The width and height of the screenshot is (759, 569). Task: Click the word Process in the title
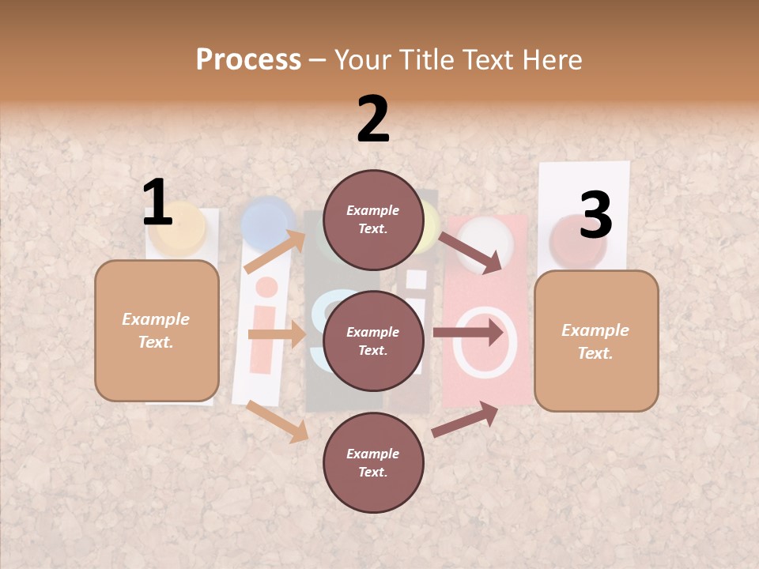(x=248, y=60)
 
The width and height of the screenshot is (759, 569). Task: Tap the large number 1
(x=157, y=202)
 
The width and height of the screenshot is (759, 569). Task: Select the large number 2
(x=373, y=119)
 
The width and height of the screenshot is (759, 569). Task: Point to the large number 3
(x=595, y=215)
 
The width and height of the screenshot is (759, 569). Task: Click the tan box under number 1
(x=157, y=330)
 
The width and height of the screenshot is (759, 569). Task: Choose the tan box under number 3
(x=596, y=341)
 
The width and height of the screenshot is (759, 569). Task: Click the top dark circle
(x=373, y=220)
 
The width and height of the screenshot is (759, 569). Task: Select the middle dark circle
(x=373, y=341)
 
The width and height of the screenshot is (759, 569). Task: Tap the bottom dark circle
(x=373, y=462)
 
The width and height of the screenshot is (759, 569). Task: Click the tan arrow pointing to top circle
(x=276, y=251)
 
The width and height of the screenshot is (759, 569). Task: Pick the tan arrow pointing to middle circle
(x=276, y=335)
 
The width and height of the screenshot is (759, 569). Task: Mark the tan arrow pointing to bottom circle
(x=278, y=421)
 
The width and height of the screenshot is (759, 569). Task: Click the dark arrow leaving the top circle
(x=471, y=252)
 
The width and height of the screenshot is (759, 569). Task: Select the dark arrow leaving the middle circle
(x=468, y=333)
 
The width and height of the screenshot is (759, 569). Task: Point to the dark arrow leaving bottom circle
(x=465, y=420)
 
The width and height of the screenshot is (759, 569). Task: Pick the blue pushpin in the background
(x=268, y=220)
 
